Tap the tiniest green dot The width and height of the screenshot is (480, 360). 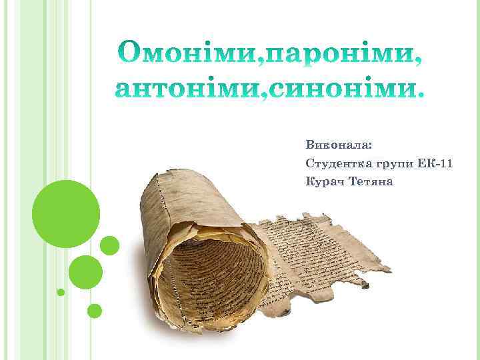coord(61,292)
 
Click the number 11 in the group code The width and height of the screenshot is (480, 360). coord(447,163)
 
